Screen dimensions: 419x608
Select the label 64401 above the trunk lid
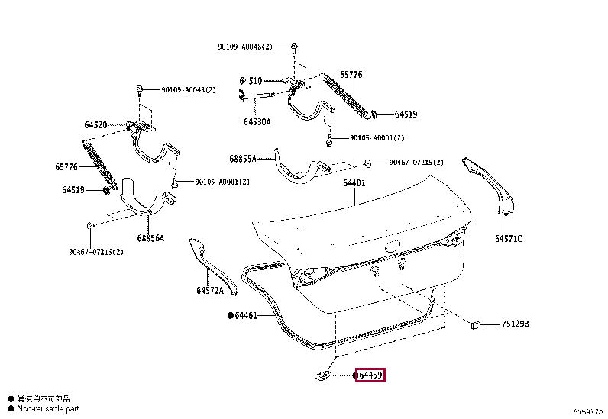point(354,183)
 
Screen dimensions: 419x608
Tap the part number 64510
point(250,80)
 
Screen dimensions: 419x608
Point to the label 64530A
point(257,121)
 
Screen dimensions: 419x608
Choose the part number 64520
point(95,124)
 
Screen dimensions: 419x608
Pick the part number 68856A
point(152,238)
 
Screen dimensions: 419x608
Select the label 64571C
point(508,239)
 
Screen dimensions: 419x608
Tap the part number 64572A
point(210,290)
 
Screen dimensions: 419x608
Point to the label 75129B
point(515,324)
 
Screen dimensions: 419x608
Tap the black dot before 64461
point(229,315)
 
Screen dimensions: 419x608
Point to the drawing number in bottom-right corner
point(588,411)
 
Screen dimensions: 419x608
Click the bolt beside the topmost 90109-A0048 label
point(294,47)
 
